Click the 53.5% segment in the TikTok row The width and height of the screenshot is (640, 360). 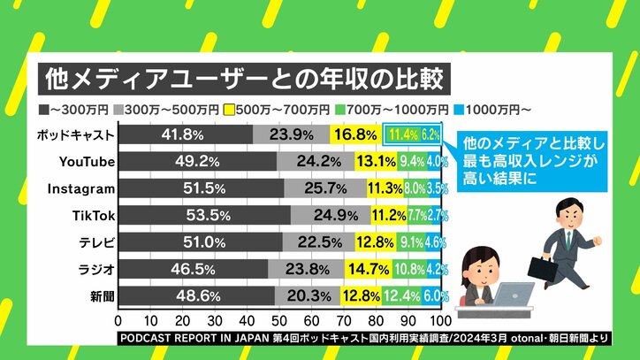click(x=204, y=215)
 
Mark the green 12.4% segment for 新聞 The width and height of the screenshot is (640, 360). click(x=402, y=295)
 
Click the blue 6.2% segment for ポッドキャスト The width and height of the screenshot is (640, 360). click(x=430, y=134)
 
